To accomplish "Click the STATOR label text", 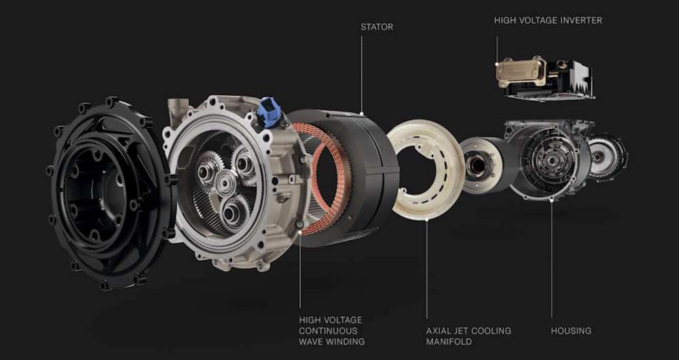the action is point(377,27).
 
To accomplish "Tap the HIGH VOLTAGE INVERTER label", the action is point(548,20).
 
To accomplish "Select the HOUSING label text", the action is point(571,331).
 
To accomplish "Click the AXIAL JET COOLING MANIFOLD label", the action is point(469,336).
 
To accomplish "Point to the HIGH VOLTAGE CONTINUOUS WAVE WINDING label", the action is point(332,331).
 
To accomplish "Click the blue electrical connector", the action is point(268,112).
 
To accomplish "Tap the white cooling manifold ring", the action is point(426,168).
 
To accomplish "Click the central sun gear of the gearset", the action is point(226,183).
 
